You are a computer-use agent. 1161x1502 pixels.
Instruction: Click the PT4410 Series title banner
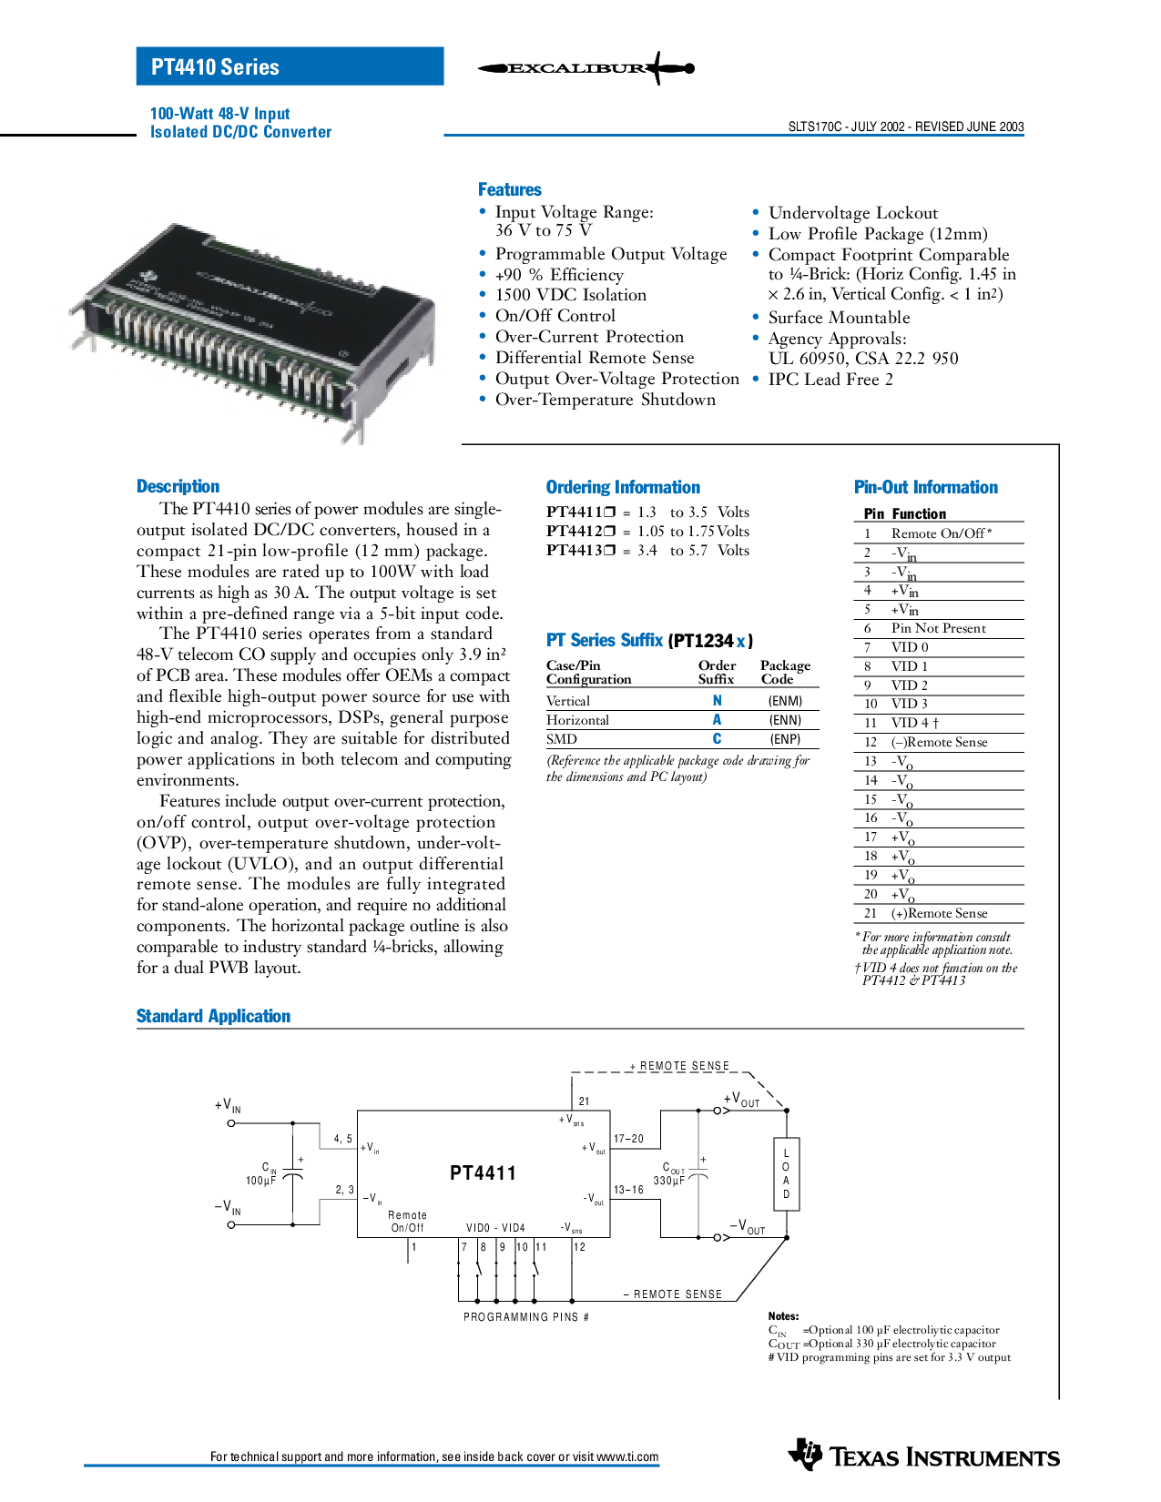click(290, 66)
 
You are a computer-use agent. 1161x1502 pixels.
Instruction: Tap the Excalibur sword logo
click(586, 67)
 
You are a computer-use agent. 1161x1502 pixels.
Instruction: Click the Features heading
click(510, 189)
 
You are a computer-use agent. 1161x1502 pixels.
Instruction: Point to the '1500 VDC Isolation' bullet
click(570, 295)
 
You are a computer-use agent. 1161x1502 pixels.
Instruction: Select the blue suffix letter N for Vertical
click(717, 701)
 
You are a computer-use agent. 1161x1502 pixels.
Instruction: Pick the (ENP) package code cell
click(786, 739)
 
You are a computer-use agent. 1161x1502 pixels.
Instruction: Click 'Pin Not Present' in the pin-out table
click(938, 628)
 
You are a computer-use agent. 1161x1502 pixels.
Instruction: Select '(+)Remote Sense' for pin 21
click(939, 913)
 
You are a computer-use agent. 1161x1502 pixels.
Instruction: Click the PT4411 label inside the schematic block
click(483, 1173)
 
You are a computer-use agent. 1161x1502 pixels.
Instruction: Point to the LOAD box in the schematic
click(786, 1173)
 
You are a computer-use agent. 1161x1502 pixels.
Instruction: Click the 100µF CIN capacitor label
click(261, 1173)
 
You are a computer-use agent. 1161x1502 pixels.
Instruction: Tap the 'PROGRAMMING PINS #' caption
click(526, 1317)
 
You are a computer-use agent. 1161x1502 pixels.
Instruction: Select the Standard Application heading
click(213, 1016)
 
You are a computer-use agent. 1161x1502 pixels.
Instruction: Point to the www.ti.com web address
click(627, 1457)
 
